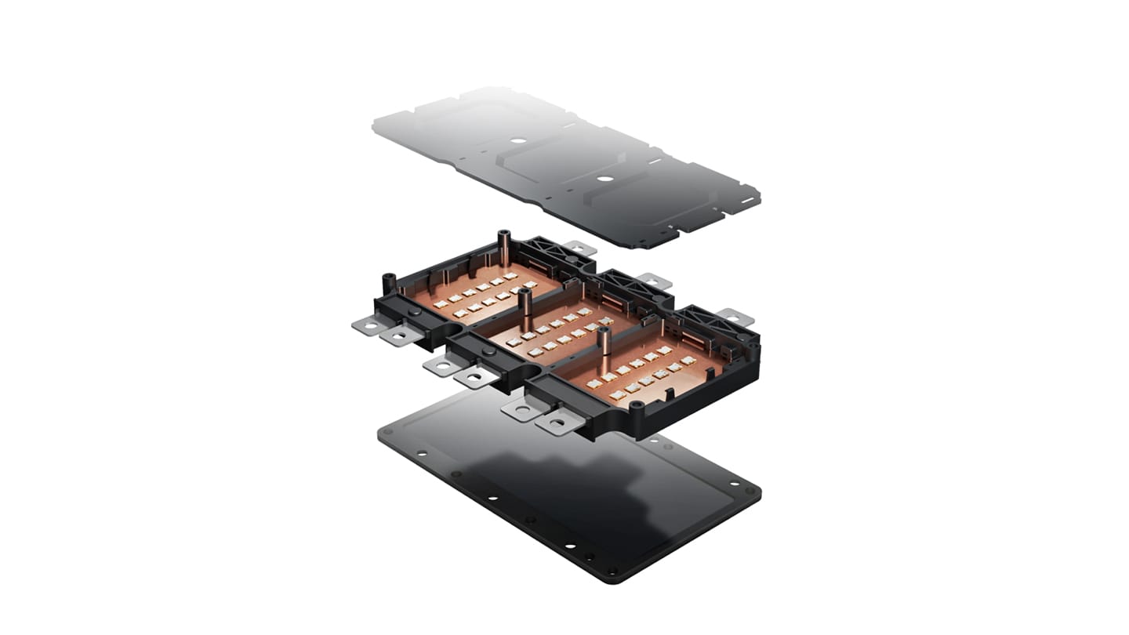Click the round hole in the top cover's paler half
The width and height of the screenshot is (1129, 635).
pyautogui.click(x=517, y=142)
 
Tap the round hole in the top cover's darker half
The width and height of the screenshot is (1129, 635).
pyautogui.click(x=604, y=178)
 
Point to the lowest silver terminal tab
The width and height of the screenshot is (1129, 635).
pyautogui.click(x=558, y=423)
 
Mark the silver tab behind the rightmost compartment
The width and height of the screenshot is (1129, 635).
pyautogui.click(x=735, y=317)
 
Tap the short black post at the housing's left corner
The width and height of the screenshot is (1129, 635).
pyautogui.click(x=387, y=284)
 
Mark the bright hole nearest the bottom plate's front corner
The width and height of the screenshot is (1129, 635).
pyautogui.click(x=612, y=570)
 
